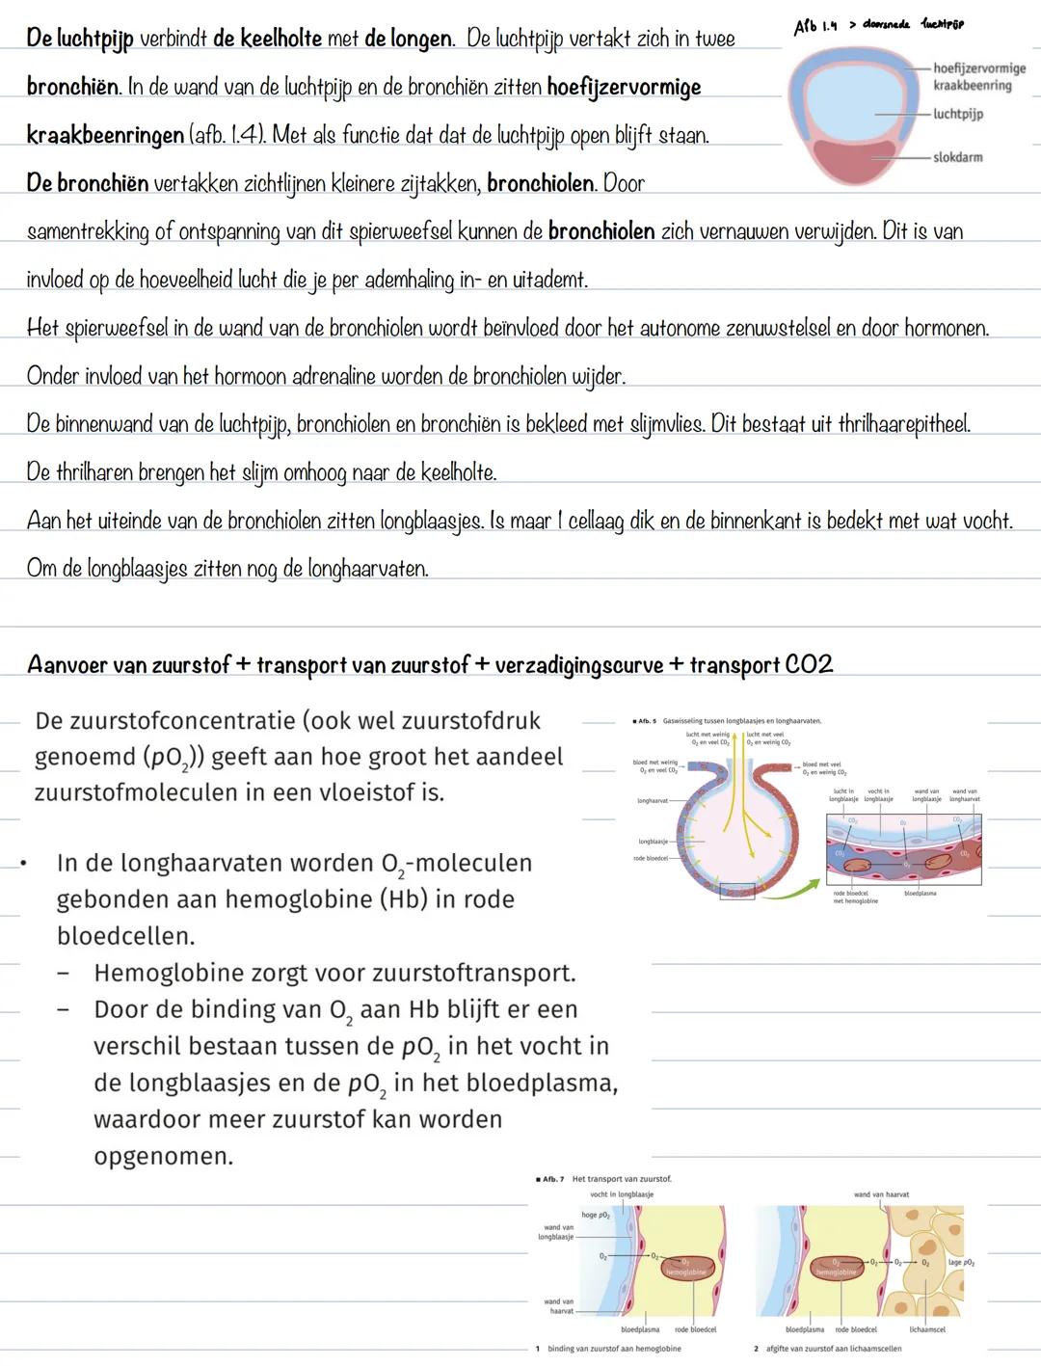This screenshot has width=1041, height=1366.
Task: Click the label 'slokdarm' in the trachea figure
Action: click(x=957, y=157)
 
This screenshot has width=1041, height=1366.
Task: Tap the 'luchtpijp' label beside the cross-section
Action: click(x=958, y=114)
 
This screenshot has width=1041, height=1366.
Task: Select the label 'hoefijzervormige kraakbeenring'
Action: click(x=978, y=77)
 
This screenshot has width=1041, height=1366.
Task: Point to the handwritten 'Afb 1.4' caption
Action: click(x=815, y=28)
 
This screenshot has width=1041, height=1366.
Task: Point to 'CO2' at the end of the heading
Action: click(x=809, y=664)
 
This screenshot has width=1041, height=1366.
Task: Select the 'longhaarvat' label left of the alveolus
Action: click(x=654, y=800)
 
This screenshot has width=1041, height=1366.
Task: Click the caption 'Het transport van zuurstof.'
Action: click(x=622, y=1178)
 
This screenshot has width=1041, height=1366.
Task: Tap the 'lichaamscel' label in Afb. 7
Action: click(x=927, y=1329)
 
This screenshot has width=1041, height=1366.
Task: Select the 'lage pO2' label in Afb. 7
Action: click(x=960, y=1262)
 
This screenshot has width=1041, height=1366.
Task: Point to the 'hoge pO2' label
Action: click(x=596, y=1215)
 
